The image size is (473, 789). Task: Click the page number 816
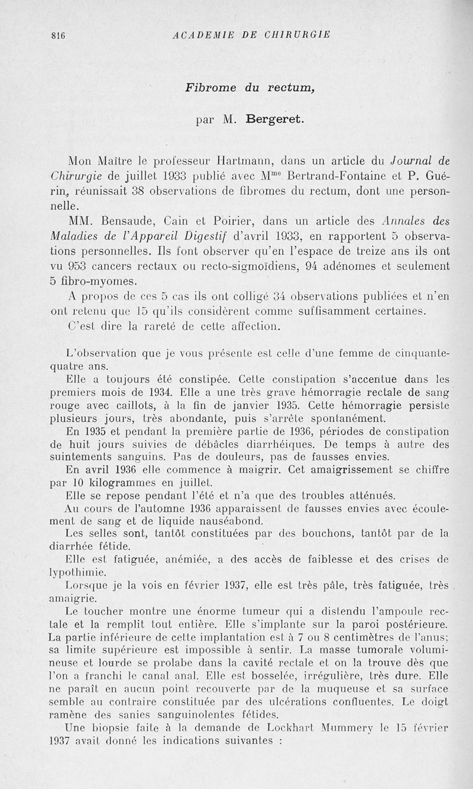(57, 35)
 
